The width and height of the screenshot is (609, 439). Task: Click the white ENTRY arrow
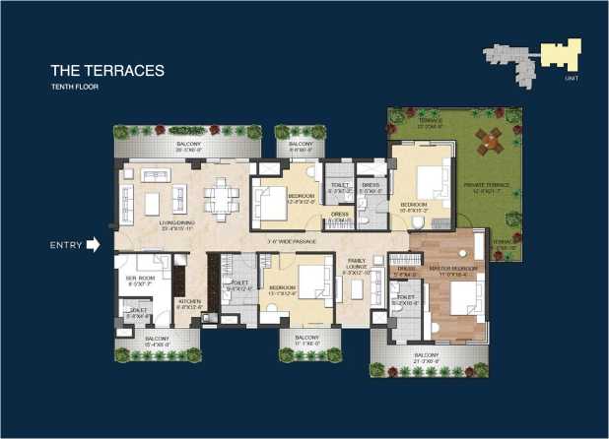[x=94, y=245]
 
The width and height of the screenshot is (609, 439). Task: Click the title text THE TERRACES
[x=107, y=71]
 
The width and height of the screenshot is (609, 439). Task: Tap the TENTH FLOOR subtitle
[x=75, y=88]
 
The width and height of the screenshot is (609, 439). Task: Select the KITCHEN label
[x=189, y=303]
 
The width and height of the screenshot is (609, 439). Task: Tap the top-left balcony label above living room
[x=190, y=146]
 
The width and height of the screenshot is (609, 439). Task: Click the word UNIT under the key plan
[x=572, y=78]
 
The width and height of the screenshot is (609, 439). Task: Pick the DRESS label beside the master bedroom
[x=406, y=271]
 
